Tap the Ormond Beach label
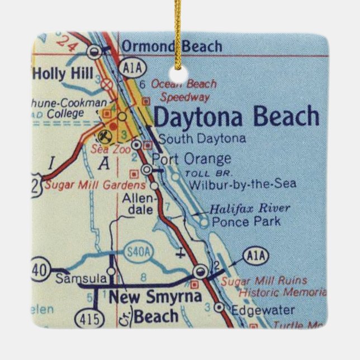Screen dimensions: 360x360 coord(172,46)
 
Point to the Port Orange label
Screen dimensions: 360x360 coord(191,159)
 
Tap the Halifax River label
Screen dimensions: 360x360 coord(249,209)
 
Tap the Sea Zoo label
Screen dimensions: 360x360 coord(107,150)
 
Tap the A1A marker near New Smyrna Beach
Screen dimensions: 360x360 coord(255,258)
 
